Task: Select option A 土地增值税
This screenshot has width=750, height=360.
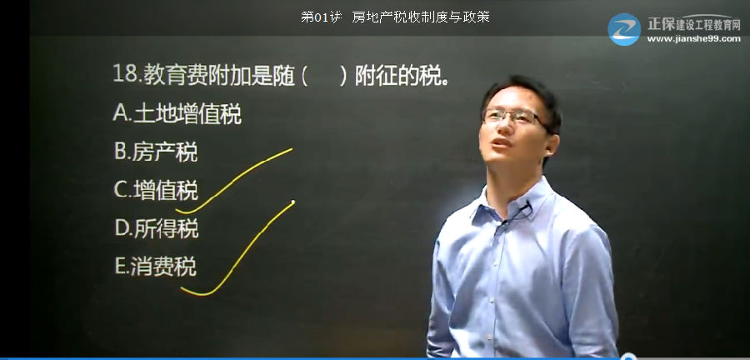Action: click(x=177, y=115)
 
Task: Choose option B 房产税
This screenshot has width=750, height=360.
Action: click(x=156, y=152)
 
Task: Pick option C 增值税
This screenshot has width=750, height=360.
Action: click(x=156, y=190)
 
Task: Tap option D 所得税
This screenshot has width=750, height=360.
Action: click(x=157, y=228)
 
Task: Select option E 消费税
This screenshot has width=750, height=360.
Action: click(x=156, y=267)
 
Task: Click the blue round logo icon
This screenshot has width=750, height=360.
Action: click(x=624, y=30)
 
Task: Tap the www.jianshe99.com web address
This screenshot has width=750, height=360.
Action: click(x=693, y=39)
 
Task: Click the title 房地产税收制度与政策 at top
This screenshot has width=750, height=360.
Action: click(x=421, y=17)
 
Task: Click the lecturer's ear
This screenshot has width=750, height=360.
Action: click(x=552, y=143)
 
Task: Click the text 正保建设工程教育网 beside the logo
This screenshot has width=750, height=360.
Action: click(x=694, y=24)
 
